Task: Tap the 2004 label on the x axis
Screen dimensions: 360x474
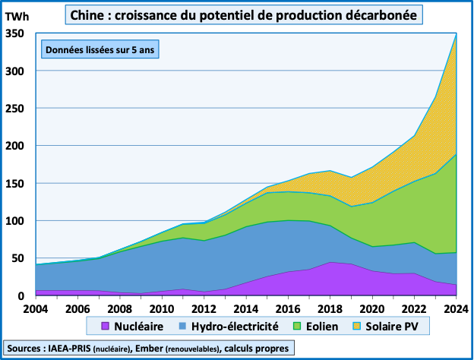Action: coord(36,309)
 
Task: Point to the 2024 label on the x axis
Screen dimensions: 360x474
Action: coord(453,309)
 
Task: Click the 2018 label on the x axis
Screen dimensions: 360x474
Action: coord(329,309)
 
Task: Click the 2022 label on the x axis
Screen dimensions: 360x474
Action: coord(412,309)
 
